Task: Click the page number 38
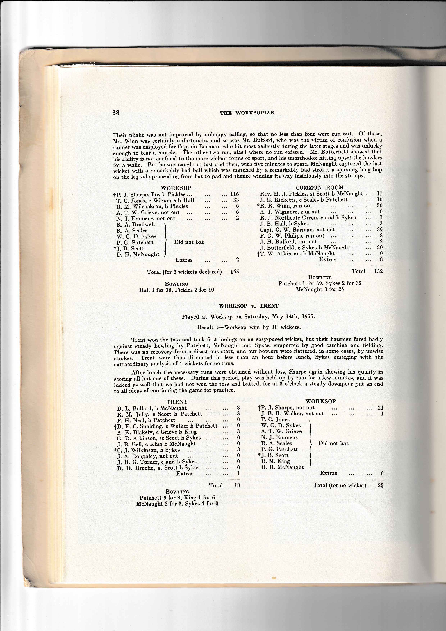[x=116, y=113]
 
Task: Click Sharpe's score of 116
[x=234, y=194]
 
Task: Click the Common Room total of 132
[x=378, y=271]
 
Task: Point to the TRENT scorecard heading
[x=177, y=402]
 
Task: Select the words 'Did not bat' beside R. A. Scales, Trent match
[x=333, y=443]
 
